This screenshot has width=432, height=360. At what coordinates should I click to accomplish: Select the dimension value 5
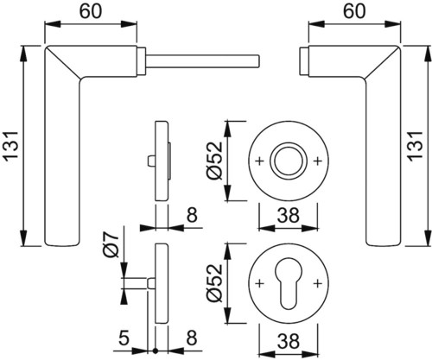click(x=124, y=338)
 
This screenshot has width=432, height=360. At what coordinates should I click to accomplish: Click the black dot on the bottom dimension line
click(x=156, y=351)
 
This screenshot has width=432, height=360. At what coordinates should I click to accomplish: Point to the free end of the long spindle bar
click(x=260, y=61)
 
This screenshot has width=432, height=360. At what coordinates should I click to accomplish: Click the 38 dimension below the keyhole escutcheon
click(x=289, y=341)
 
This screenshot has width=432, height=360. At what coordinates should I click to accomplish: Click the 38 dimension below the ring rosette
click(x=289, y=216)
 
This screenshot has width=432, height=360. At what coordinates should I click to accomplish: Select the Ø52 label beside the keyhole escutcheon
click(x=215, y=283)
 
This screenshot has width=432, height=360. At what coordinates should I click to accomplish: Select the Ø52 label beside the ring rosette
click(x=215, y=161)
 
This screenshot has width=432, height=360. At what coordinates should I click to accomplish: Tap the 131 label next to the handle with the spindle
click(x=12, y=146)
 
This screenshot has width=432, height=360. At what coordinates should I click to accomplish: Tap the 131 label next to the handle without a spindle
click(x=415, y=146)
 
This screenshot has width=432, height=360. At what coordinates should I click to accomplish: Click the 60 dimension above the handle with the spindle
click(x=91, y=12)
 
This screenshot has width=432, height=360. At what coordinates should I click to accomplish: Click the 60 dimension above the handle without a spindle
click(x=355, y=12)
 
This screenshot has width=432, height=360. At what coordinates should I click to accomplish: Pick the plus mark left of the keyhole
click(x=259, y=283)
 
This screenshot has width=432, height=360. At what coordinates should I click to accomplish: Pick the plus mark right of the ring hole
click(x=318, y=161)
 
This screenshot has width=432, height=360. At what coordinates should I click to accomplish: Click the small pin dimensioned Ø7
click(x=151, y=283)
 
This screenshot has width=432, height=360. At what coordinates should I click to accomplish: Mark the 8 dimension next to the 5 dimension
click(x=192, y=338)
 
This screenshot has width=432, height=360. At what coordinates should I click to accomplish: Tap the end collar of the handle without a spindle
click(x=304, y=61)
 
